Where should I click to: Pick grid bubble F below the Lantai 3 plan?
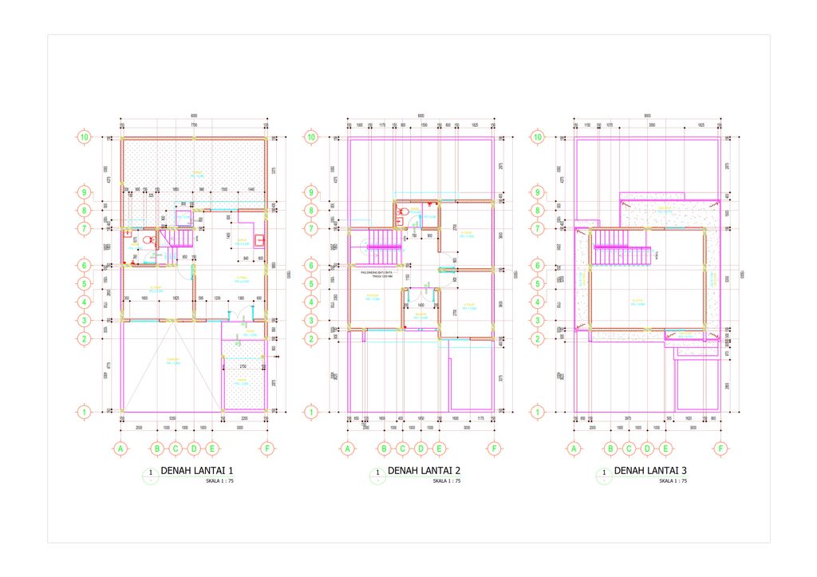coord(721,449)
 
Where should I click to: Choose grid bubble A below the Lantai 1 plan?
coord(120,449)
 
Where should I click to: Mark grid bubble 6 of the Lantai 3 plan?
coord(538,266)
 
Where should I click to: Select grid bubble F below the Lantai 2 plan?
coord(495,449)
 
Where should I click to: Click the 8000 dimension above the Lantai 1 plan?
coord(193,116)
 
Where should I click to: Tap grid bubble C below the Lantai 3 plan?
coord(630,449)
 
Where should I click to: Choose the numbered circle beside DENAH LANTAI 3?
coord(603,473)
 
